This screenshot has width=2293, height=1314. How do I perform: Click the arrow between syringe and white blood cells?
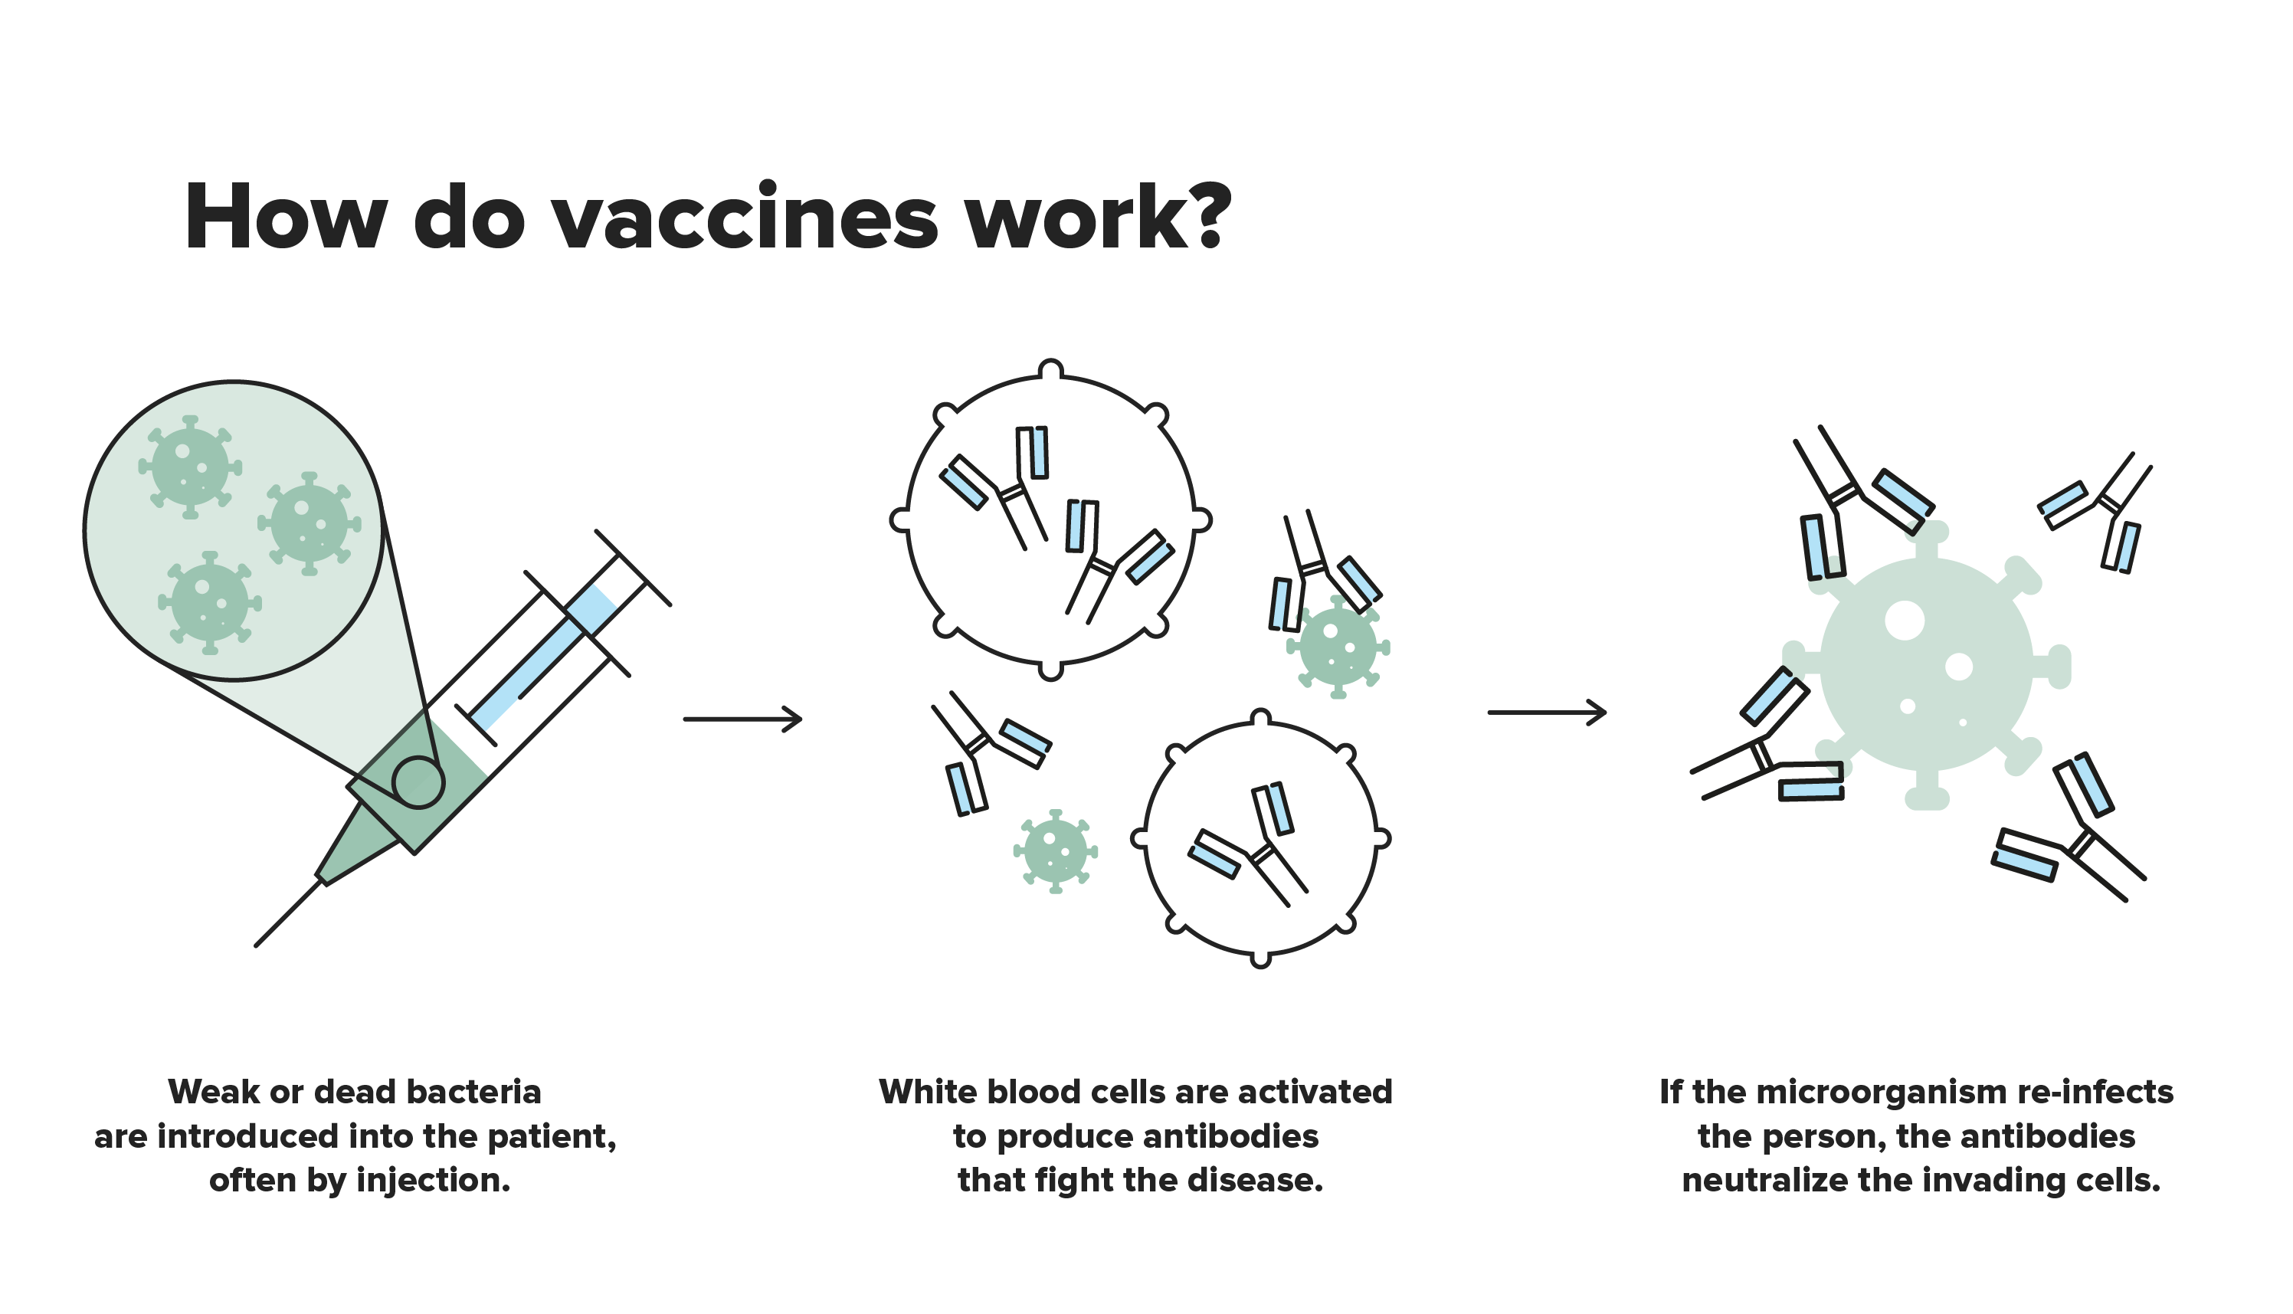pyautogui.click(x=742, y=719)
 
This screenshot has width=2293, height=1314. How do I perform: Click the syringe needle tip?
pyautogui.click(x=257, y=945)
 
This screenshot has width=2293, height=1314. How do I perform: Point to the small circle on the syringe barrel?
pyautogui.click(x=418, y=782)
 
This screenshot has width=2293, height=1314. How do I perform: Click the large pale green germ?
pyautogui.click(x=1926, y=666)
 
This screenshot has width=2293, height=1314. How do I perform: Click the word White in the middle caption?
pyautogui.click(x=929, y=1092)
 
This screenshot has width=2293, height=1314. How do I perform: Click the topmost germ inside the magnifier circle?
pyautogui.click(x=189, y=467)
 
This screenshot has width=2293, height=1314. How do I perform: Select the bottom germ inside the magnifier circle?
pyautogui.click(x=209, y=602)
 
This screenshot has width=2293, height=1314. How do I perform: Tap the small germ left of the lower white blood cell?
pyautogui.click(x=1055, y=851)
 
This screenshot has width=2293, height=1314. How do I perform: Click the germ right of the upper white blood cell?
pyautogui.click(x=1338, y=646)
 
